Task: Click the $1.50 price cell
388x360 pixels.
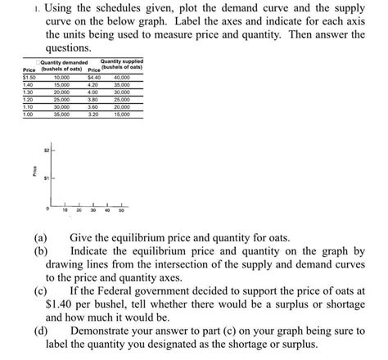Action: click(29, 77)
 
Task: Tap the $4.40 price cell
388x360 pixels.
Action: click(93, 77)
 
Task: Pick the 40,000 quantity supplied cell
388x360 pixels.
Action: click(122, 77)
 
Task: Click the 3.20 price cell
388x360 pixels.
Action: click(93, 114)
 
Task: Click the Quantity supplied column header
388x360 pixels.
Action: click(121, 62)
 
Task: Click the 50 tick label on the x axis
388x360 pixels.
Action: click(121, 210)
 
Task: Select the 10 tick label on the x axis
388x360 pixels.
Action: click(65, 210)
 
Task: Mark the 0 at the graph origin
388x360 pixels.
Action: click(48, 209)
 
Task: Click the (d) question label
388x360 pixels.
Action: click(39, 331)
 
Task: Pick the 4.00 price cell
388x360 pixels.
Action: click(93, 92)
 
